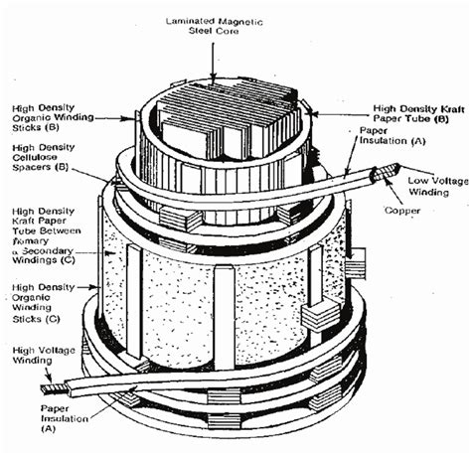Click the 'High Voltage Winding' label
pos(43,359)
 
